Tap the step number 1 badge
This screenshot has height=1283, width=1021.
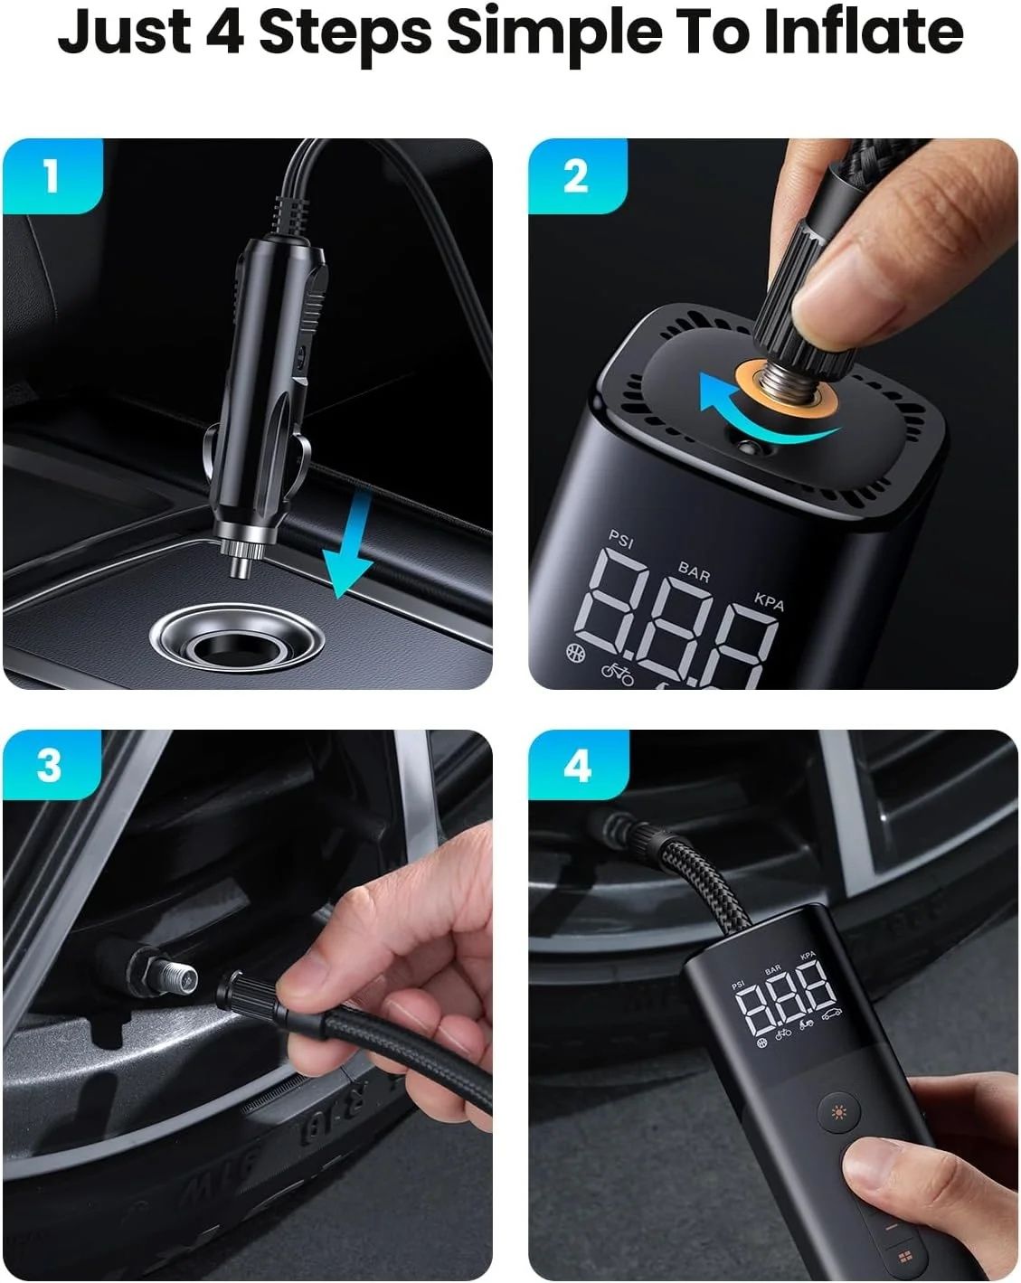pyautogui.click(x=52, y=175)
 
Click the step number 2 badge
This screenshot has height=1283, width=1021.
pyautogui.click(x=576, y=175)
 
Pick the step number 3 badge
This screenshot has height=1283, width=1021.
pyautogui.click(x=50, y=766)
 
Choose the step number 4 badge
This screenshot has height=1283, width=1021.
pyautogui.click(x=577, y=766)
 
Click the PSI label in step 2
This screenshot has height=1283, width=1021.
pyautogui.click(x=621, y=539)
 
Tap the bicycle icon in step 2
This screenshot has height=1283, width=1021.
pyautogui.click(x=619, y=674)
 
